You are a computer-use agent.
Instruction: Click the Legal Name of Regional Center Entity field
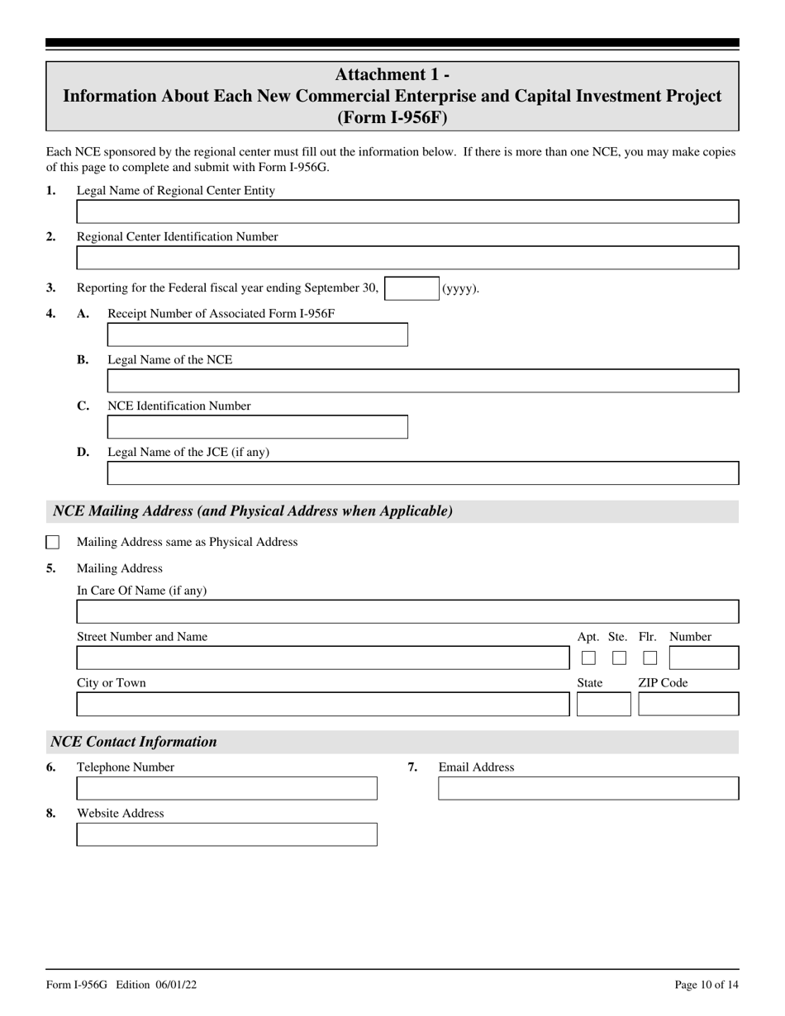(x=407, y=212)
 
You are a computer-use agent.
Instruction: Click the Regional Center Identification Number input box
(x=407, y=259)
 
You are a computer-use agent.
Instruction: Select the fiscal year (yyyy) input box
(x=412, y=288)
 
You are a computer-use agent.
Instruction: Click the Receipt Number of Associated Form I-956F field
(x=257, y=335)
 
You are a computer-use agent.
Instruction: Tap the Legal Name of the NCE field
(x=422, y=381)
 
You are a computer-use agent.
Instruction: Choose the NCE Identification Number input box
(x=257, y=427)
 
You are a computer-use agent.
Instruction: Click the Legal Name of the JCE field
(x=422, y=473)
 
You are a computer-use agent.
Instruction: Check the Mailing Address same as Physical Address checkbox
(x=53, y=543)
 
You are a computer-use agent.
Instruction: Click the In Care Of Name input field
(x=407, y=612)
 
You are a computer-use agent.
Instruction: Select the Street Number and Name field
(x=322, y=658)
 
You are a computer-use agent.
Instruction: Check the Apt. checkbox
(x=588, y=658)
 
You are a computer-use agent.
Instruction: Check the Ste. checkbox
(x=619, y=658)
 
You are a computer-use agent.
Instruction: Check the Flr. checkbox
(x=650, y=658)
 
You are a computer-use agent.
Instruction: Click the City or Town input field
(x=322, y=705)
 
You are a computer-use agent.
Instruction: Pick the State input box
(x=603, y=705)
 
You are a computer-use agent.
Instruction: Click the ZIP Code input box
(x=688, y=705)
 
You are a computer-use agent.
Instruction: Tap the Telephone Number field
(x=226, y=789)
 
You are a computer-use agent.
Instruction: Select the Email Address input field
(x=588, y=789)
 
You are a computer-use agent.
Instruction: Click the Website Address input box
(x=226, y=835)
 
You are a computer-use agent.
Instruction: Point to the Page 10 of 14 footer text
(x=706, y=985)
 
